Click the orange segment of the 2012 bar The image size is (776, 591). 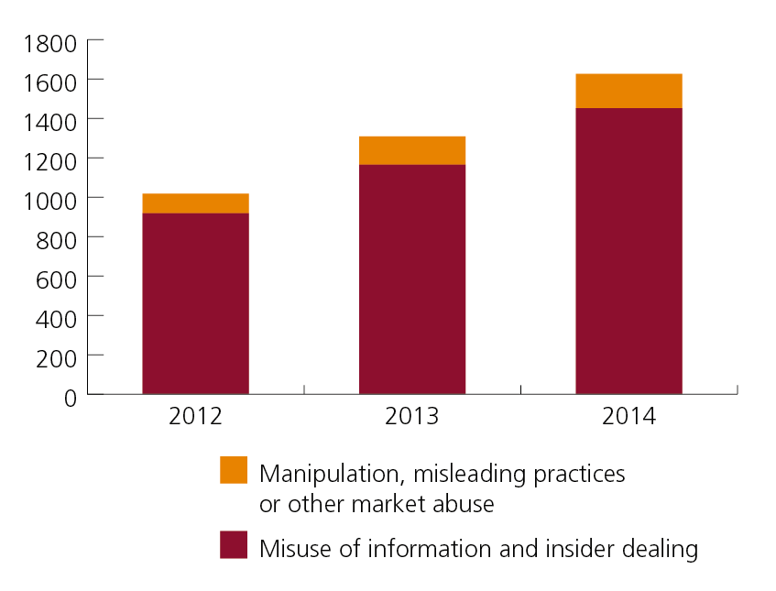click(195, 203)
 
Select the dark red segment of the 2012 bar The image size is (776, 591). click(195, 303)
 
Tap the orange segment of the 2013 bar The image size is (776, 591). click(411, 150)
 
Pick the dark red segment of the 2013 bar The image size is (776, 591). click(411, 279)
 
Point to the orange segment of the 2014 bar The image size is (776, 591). click(628, 91)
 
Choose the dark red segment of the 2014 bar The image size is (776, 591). click(628, 251)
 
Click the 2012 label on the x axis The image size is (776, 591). click(195, 417)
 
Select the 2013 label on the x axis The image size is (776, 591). click(411, 417)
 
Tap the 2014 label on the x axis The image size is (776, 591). click(628, 417)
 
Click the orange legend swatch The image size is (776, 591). click(234, 470)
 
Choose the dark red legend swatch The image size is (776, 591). click(234, 545)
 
